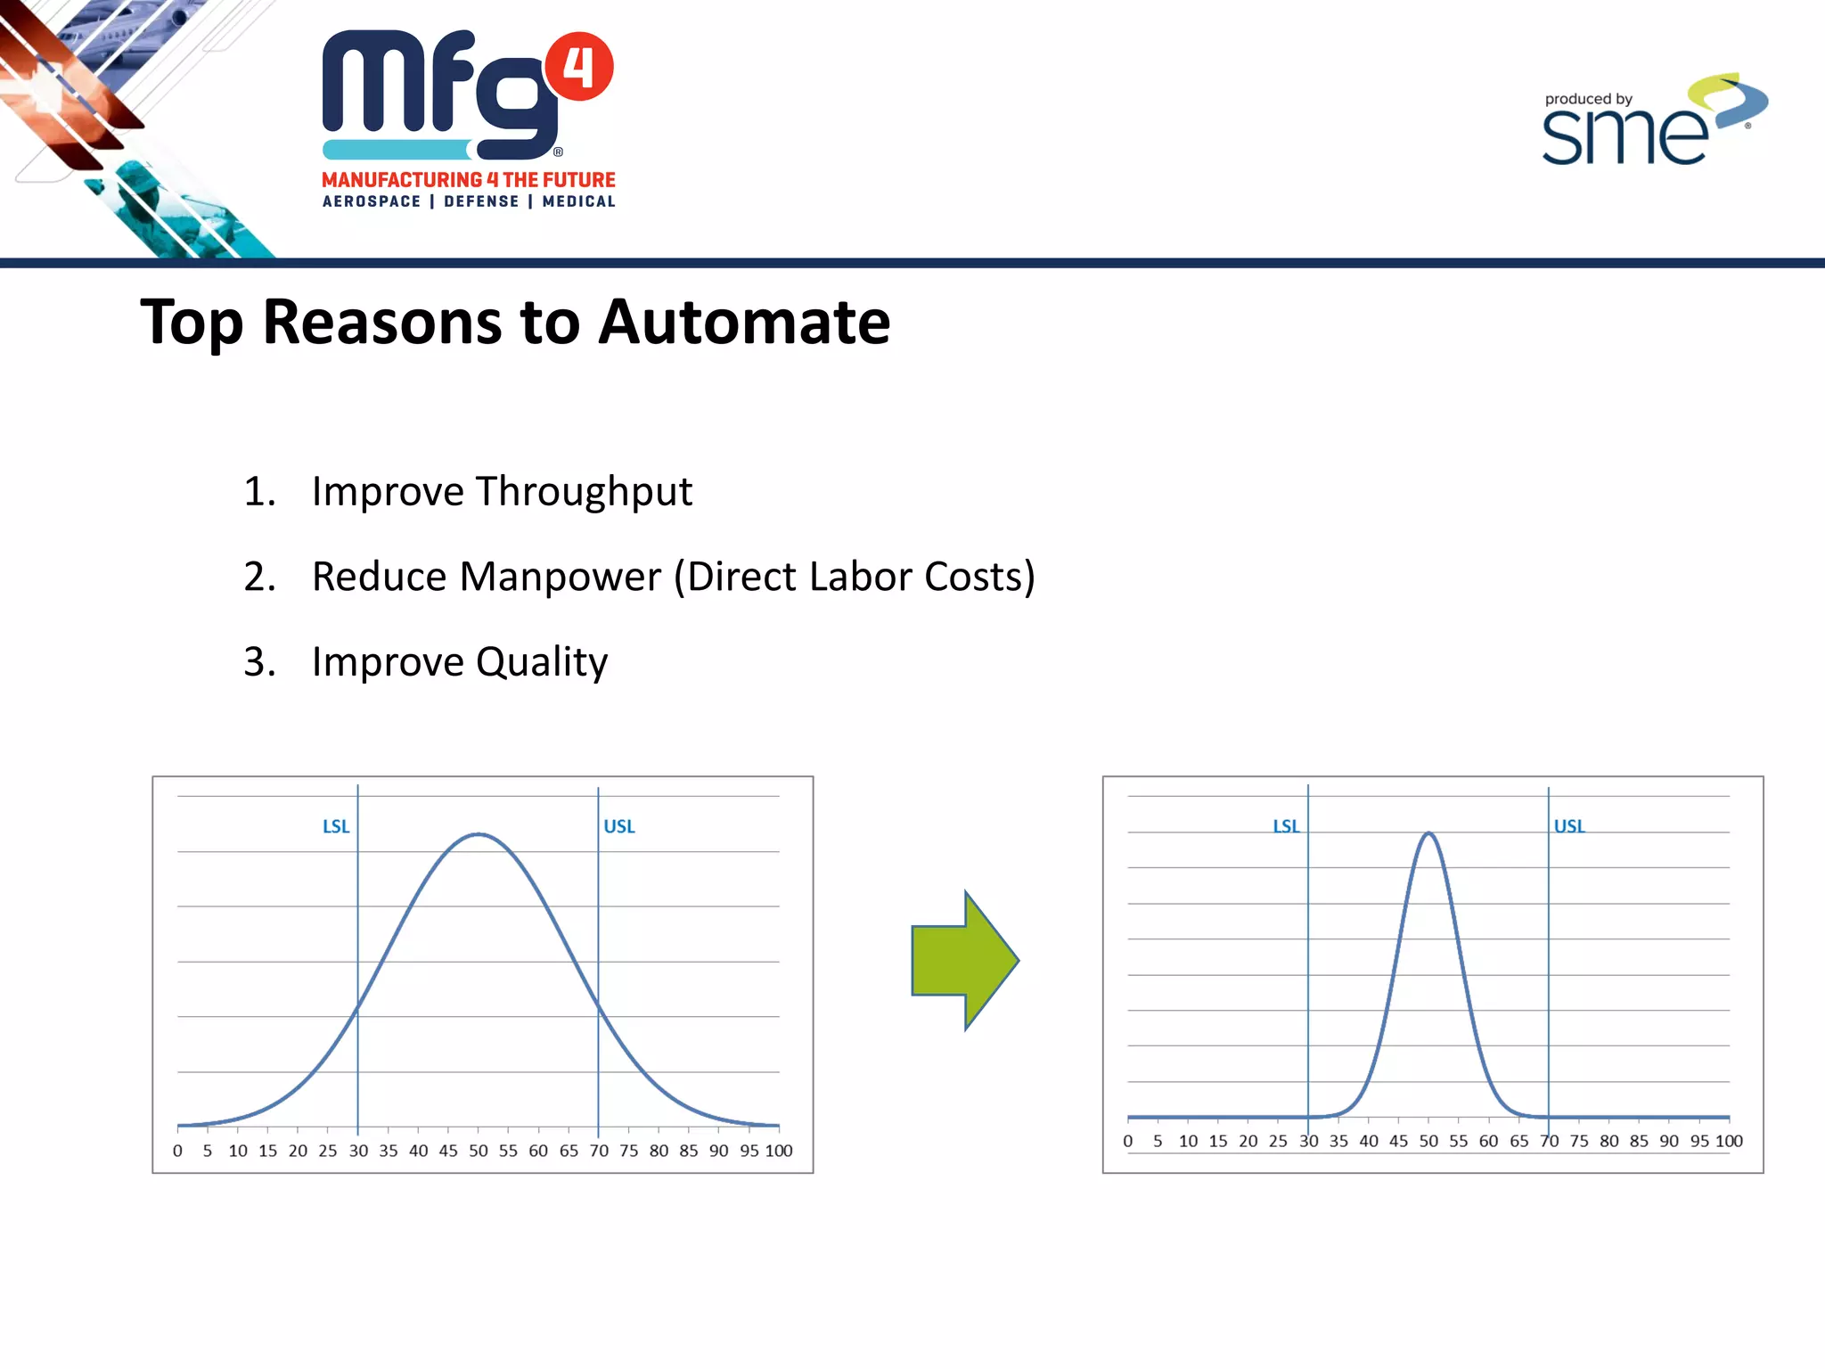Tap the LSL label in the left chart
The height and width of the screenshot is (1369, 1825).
(336, 826)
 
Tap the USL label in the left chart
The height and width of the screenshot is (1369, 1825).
(619, 826)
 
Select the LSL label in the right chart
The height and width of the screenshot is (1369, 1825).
(1286, 826)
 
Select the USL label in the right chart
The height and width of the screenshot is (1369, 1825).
(1569, 826)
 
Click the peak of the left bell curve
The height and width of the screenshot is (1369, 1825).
(479, 834)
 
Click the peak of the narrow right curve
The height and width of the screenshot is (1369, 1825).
(1428, 833)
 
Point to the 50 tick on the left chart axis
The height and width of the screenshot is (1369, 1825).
(479, 1151)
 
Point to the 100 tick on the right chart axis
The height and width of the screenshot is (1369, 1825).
(1729, 1141)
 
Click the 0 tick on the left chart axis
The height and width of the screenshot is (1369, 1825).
(177, 1151)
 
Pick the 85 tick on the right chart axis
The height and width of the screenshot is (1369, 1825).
(1639, 1141)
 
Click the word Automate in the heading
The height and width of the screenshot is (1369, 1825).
(744, 322)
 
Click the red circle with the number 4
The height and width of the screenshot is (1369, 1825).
(579, 67)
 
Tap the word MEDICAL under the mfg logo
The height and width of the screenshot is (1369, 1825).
(578, 201)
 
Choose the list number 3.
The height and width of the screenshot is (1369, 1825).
(258, 662)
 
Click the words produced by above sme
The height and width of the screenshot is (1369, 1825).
(1588, 99)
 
